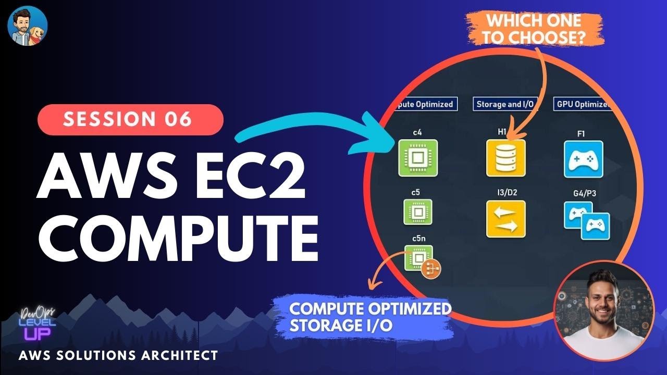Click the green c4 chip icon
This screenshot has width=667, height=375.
[x=418, y=157]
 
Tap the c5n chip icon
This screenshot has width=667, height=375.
[x=418, y=258]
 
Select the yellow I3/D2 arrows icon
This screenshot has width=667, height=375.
[x=505, y=219]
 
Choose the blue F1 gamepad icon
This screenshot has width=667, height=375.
[x=583, y=159]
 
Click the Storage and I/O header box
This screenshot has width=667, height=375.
[x=505, y=104]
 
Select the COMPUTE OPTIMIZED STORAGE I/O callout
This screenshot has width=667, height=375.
[x=370, y=316]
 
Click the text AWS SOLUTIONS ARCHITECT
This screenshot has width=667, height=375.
[x=118, y=356]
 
